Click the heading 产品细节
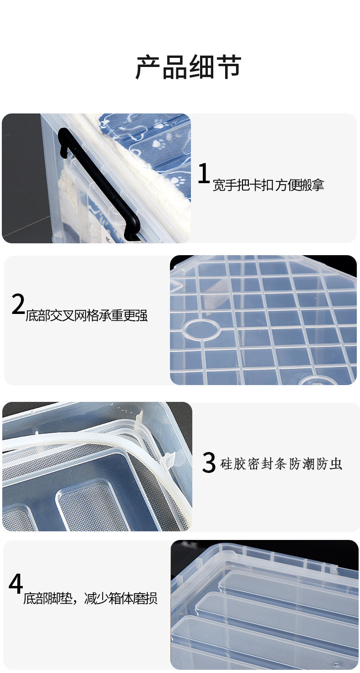pyautogui.click(x=188, y=67)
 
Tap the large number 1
pyautogui.click(x=204, y=173)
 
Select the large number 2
pyautogui.click(x=18, y=304)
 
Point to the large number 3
pyautogui.click(x=209, y=462)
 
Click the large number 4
pyautogui.click(x=15, y=584)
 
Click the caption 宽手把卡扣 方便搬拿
pyautogui.click(x=268, y=185)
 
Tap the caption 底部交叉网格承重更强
pyautogui.click(x=87, y=315)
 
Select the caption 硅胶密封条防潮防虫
pyautogui.click(x=281, y=464)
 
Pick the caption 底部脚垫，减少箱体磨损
pyautogui.click(x=90, y=598)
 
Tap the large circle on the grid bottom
pyautogui.click(x=201, y=329)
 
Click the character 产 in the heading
pyautogui.click(x=148, y=67)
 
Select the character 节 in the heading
pyautogui.click(x=228, y=67)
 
